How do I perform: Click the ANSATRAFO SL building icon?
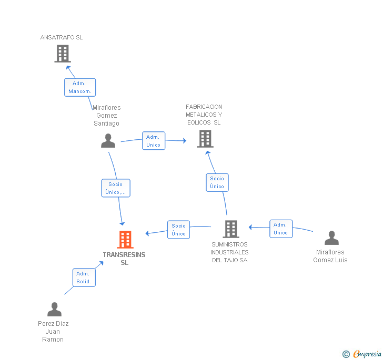click(x=63, y=54)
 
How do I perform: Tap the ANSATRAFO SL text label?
click(x=62, y=37)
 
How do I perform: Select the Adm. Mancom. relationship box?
click(x=80, y=87)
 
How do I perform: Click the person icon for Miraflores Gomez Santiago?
click(x=108, y=141)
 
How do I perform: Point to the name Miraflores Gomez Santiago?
click(x=106, y=116)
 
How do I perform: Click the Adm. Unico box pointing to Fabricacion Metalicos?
click(x=154, y=141)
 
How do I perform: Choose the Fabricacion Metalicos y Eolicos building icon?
click(x=205, y=139)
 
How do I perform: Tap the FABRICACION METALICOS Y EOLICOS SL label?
click(x=204, y=115)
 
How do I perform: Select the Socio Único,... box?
click(x=116, y=188)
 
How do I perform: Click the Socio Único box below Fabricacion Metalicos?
click(x=217, y=182)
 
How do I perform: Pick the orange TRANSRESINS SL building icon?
click(x=125, y=240)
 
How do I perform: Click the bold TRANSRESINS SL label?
click(x=124, y=259)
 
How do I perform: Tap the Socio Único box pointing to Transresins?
click(x=178, y=230)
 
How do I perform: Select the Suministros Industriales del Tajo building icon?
click(x=231, y=229)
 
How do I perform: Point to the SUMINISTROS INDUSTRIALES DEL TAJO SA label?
click(x=230, y=252)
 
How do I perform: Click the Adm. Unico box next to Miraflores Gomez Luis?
click(x=281, y=229)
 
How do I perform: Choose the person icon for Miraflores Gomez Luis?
click(x=331, y=238)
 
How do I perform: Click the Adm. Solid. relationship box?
click(x=84, y=277)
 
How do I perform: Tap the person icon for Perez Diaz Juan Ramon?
click(x=54, y=310)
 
